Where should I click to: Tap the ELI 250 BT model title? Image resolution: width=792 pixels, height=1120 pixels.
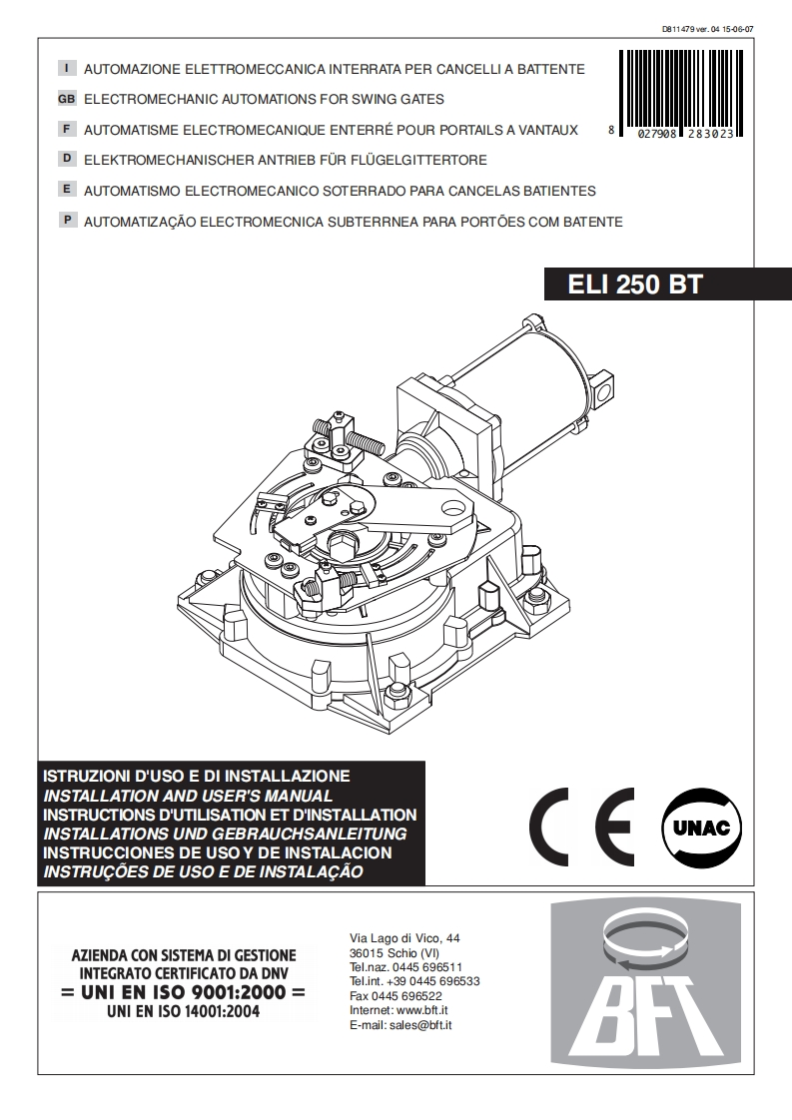635,284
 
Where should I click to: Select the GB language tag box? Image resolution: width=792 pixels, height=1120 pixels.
67,99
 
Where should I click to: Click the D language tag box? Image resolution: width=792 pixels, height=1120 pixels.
67,159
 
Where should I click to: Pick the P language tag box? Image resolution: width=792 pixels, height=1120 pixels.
67,220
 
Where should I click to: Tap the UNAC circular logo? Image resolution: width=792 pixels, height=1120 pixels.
701,828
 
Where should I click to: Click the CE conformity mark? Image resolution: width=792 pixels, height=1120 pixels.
582,827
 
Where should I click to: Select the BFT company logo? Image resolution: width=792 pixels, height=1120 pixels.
646,984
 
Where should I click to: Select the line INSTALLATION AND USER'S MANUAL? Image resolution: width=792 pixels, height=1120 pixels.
188,795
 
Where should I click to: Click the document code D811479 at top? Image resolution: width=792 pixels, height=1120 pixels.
680,29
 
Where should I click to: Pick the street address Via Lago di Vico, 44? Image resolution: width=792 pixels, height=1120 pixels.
404,938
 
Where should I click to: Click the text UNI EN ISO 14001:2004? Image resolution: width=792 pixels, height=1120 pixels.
183,1011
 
